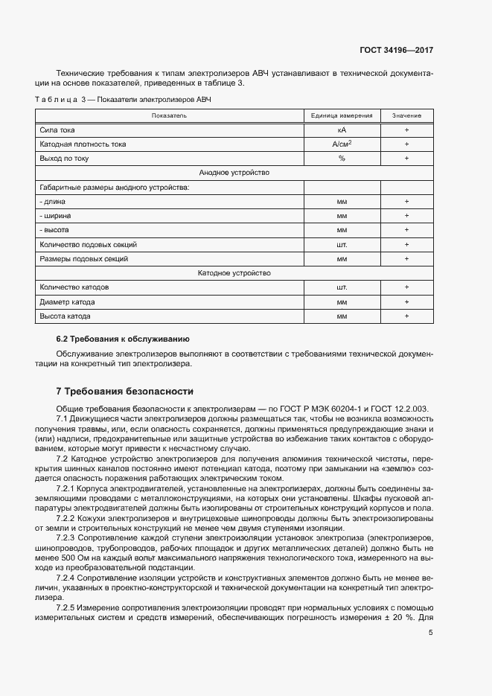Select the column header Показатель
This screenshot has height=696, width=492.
[169, 115]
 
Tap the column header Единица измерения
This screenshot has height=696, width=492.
[342, 115]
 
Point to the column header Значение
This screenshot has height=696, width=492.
[407, 115]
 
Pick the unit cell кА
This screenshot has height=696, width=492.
[342, 130]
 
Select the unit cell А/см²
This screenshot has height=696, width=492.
[342, 144]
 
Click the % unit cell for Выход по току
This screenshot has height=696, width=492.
[342, 159]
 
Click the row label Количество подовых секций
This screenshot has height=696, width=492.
[88, 244]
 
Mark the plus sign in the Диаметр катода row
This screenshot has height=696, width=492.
[407, 302]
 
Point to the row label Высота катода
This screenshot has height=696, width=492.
[65, 316]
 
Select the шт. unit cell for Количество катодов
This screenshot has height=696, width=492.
[342, 287]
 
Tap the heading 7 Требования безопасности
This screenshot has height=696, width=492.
[125, 391]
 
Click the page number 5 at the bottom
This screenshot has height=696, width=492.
[431, 632]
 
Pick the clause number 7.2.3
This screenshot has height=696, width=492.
[68, 536]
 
